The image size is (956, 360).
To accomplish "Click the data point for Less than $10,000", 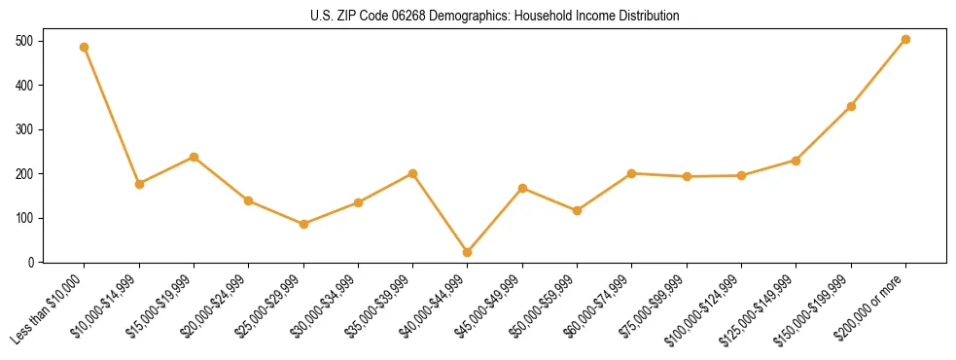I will (85, 47).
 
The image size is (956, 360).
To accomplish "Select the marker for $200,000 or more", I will (905, 40).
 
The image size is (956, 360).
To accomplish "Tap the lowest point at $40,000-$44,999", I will (468, 252).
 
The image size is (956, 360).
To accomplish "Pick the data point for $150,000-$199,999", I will (851, 106).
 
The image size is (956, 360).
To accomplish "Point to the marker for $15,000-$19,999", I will (194, 157).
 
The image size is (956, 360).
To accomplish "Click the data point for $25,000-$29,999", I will (303, 224).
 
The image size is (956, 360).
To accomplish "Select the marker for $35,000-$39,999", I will (413, 173).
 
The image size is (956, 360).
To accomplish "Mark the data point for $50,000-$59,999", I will (578, 210).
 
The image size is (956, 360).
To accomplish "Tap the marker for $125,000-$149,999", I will (797, 161).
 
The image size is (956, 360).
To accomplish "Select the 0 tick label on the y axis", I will (32, 262).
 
